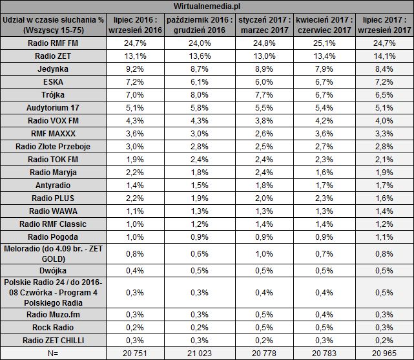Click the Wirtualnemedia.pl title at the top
pos(207,6)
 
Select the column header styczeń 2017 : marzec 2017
pos(263,25)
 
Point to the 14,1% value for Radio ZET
pos(386,56)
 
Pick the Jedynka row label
pos(54,69)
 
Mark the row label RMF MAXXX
pos(54,133)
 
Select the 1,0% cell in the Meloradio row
pos(263,253)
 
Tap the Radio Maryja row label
pos(54,172)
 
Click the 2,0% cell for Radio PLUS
pos(263,198)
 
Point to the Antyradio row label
pos(54,185)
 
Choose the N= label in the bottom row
pos(54,354)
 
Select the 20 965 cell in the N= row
pos(386,354)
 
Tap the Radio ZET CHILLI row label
pos(54,341)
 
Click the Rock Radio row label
pos(54,328)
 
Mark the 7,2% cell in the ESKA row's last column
pos(386,82)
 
